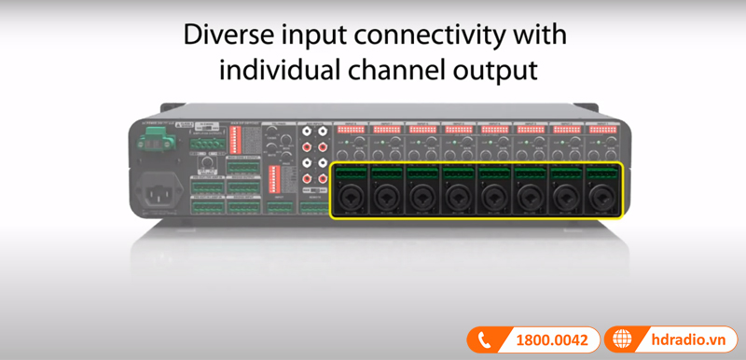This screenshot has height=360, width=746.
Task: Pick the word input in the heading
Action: [301, 36]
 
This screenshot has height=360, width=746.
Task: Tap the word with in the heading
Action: [539, 36]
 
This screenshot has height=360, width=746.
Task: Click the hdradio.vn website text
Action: [688, 341]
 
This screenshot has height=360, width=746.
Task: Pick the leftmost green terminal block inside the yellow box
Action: [348, 172]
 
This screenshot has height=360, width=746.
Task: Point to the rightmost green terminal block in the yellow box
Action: [602, 172]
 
